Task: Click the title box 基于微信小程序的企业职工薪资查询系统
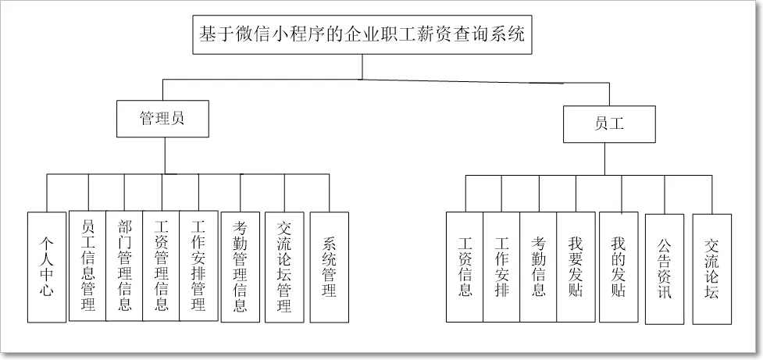tap(362, 35)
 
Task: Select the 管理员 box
tap(162, 119)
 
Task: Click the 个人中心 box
tap(46, 266)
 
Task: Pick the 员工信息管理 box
tap(87, 266)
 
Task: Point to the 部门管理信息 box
tap(124, 266)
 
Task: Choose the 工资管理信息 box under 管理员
tap(161, 266)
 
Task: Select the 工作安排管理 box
tap(198, 266)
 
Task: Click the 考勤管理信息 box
tap(241, 266)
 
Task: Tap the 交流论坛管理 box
tap(284, 266)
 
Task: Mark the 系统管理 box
tap(329, 266)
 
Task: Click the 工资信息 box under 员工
tap(465, 267)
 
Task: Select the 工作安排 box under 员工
tap(501, 267)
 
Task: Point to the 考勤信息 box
tap(538, 267)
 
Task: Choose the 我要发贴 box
tap(576, 267)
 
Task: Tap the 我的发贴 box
tap(619, 267)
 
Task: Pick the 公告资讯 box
tap(665, 269)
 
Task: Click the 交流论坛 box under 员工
tap(711, 269)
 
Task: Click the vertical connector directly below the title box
tap(362, 66)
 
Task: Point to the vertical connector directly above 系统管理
tap(329, 193)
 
